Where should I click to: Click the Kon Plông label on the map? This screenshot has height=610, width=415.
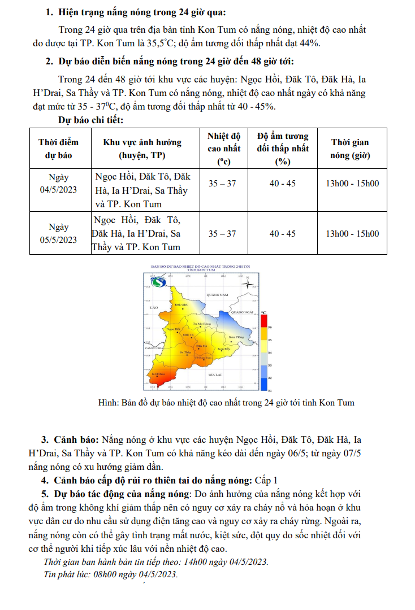click(x=236, y=337)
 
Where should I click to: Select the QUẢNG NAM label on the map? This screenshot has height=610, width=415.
click(x=217, y=295)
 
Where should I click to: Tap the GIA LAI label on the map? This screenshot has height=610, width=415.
click(x=215, y=375)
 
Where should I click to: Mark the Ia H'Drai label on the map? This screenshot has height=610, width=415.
click(x=158, y=374)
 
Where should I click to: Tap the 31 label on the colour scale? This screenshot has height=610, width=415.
click(x=270, y=390)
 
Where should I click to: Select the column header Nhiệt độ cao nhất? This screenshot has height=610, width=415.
click(x=223, y=149)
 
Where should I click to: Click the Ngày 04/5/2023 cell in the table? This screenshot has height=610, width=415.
click(x=58, y=183)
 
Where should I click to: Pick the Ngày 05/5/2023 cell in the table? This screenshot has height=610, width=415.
click(x=58, y=233)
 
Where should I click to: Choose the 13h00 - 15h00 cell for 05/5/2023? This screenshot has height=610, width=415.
click(x=352, y=233)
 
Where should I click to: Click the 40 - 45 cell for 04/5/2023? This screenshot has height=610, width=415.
click(x=282, y=183)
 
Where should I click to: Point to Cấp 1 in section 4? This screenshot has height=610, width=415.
click(x=267, y=481)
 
